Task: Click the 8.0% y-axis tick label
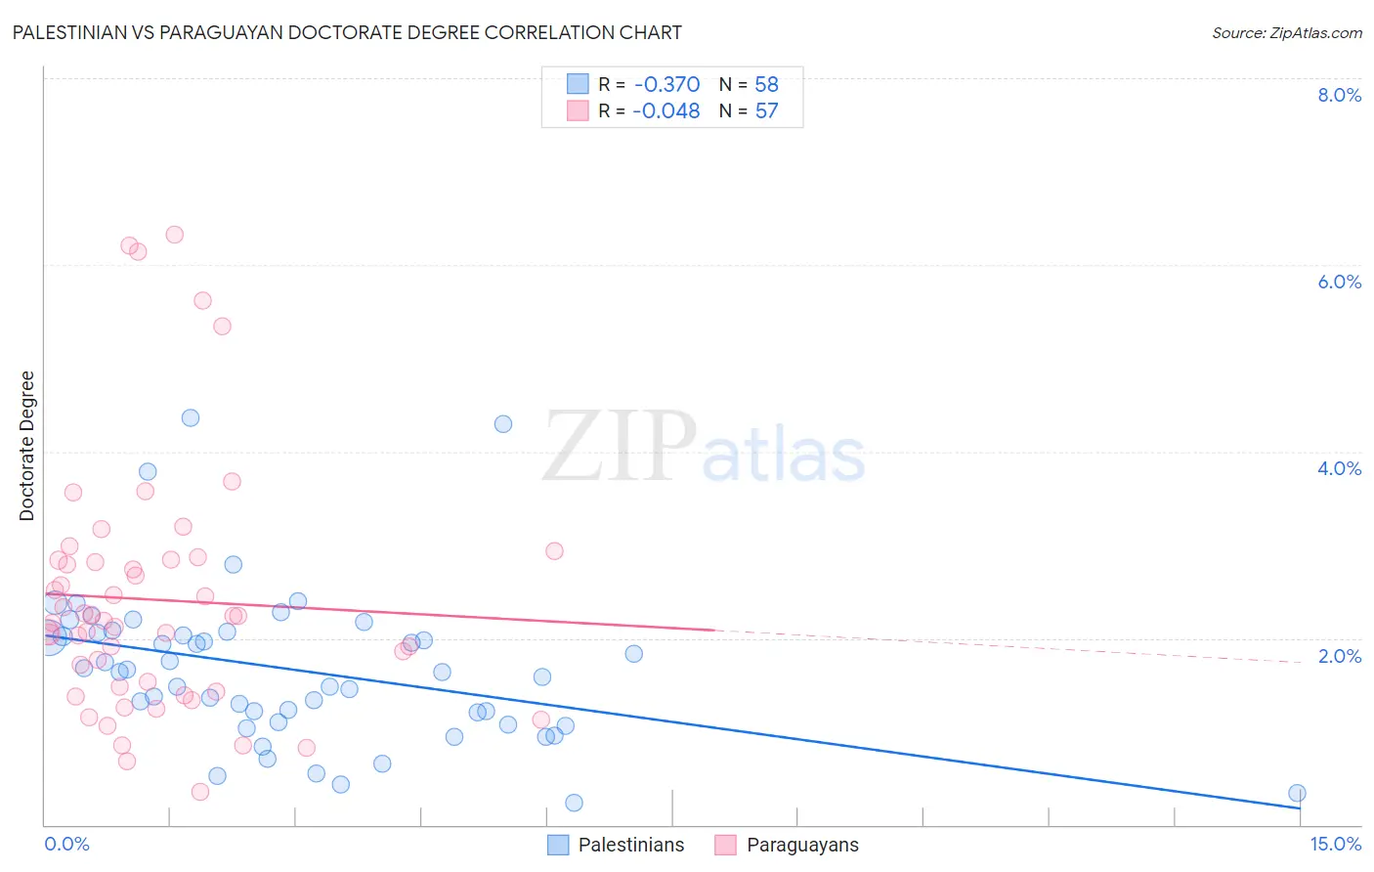pyautogui.click(x=1339, y=95)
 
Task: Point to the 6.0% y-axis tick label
pyautogui.click(x=1339, y=282)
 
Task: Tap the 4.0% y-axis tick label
pyautogui.click(x=1339, y=468)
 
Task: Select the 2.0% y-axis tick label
pyautogui.click(x=1339, y=656)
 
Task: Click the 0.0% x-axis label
pyautogui.click(x=66, y=844)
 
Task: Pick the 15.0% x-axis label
pyautogui.click(x=1335, y=844)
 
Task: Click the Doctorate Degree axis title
pyautogui.click(x=27, y=446)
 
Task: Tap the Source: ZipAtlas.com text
pyautogui.click(x=1286, y=32)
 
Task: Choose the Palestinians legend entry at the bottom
pyautogui.click(x=630, y=845)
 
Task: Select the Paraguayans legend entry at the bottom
pyautogui.click(x=801, y=845)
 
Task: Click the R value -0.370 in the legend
pyautogui.click(x=666, y=85)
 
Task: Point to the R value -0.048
pyautogui.click(x=666, y=111)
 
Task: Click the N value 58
pyautogui.click(x=766, y=85)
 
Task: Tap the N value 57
pyautogui.click(x=766, y=111)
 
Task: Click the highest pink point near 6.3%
pyautogui.click(x=174, y=235)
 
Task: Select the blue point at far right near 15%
pyautogui.click(x=1297, y=793)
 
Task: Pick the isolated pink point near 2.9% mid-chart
pyautogui.click(x=554, y=550)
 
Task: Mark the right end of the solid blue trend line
pyautogui.click(x=1300, y=807)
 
